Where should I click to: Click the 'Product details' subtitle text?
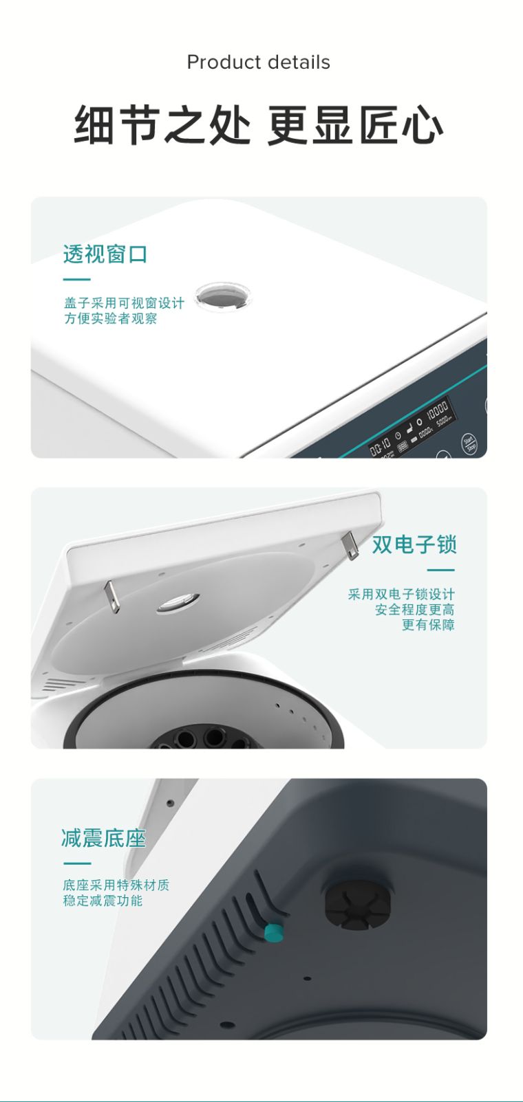[258, 63]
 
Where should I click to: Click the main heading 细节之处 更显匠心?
[258, 125]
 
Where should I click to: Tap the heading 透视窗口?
[105, 254]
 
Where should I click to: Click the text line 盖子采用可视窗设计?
[124, 303]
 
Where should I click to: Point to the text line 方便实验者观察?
[111, 319]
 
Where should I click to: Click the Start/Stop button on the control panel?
[469, 443]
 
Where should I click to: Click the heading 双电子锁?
[414, 544]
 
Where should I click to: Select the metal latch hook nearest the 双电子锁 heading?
[350, 545]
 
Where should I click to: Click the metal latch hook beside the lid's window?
[111, 596]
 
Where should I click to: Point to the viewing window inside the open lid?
[178, 603]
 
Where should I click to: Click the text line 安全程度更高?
[414, 610]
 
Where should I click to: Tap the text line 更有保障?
[428, 625]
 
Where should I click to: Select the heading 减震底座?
[103, 838]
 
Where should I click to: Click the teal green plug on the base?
[274, 932]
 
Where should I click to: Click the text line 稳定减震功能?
[103, 901]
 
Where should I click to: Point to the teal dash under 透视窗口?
[76, 280]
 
